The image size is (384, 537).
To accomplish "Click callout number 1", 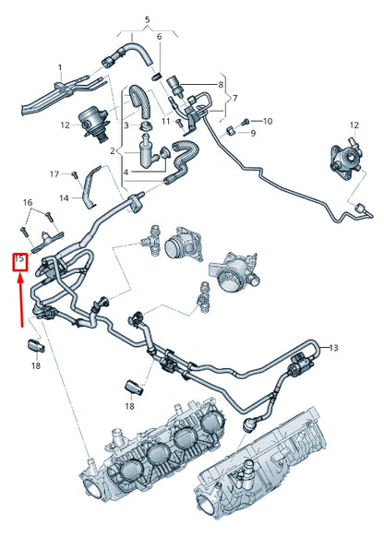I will point(60,67).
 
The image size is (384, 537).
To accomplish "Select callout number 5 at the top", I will point(146,19).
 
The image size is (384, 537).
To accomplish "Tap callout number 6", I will point(159,36).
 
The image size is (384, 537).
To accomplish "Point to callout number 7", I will point(234,98).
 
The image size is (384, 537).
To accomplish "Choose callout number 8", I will point(221,85).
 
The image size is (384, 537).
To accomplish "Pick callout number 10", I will point(268,121).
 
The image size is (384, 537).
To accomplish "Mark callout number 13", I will point(334,348).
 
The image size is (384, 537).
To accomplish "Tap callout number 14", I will point(65,197).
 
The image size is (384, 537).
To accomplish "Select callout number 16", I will point(27,201).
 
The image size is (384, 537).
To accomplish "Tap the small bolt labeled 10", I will point(245,122).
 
